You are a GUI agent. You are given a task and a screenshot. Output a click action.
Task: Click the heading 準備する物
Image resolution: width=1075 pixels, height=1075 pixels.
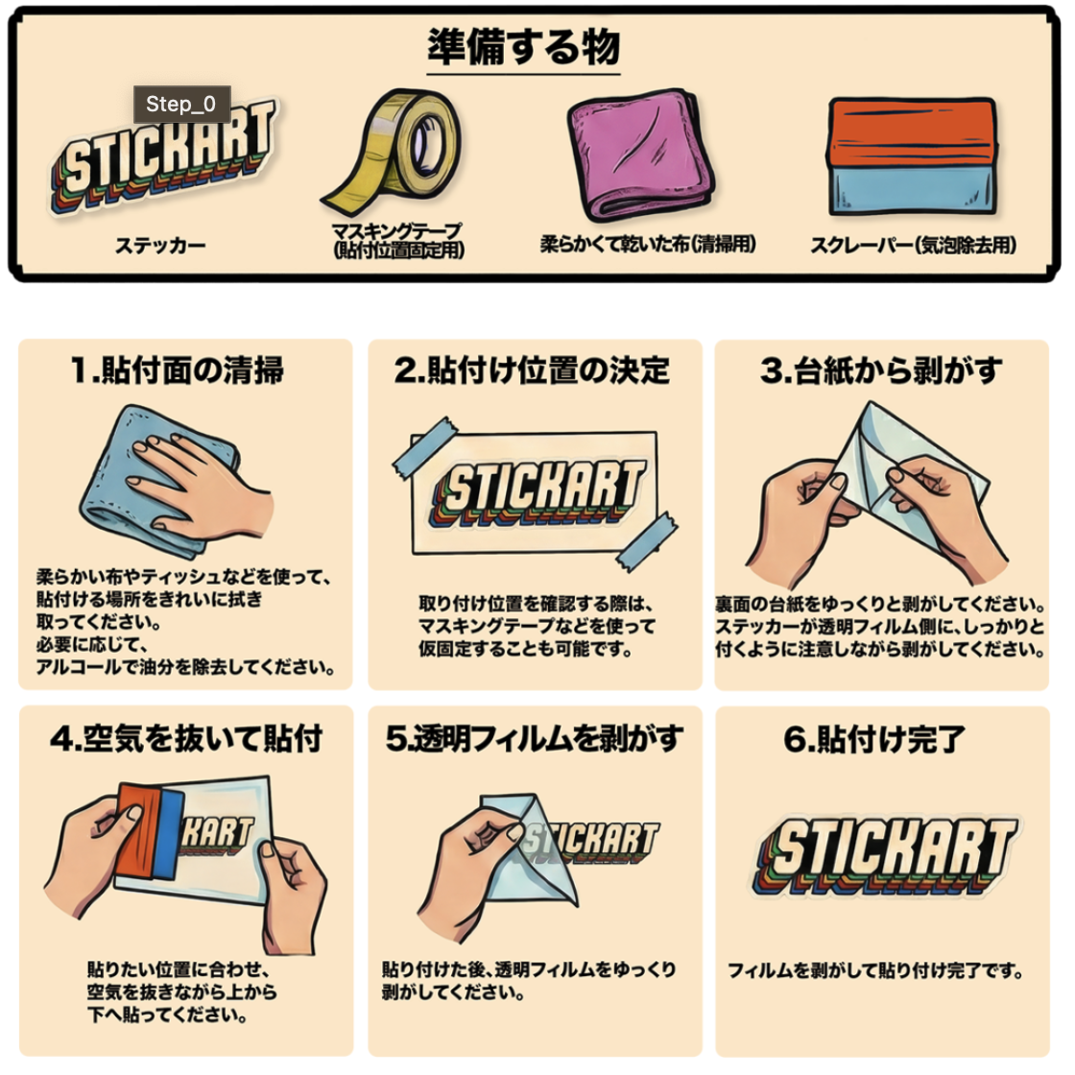point(524,47)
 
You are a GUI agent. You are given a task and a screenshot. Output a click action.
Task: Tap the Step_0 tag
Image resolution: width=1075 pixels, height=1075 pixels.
point(181,105)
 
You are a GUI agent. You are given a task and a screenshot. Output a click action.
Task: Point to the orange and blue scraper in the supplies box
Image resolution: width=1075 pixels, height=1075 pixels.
point(912,156)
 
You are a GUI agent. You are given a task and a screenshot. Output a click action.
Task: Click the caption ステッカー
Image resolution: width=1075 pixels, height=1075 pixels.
point(160,246)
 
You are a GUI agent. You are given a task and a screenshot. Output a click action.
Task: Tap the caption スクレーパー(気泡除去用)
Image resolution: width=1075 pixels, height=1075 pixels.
point(913,245)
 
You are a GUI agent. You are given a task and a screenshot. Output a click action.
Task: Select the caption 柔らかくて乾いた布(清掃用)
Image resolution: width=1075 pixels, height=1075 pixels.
point(648,244)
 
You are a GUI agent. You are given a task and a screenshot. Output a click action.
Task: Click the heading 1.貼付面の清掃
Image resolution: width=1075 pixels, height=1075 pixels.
point(178,370)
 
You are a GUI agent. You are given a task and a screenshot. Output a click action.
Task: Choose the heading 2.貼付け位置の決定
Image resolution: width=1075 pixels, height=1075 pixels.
point(532,370)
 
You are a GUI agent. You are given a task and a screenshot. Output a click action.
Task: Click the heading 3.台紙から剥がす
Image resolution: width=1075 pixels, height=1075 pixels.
point(881,370)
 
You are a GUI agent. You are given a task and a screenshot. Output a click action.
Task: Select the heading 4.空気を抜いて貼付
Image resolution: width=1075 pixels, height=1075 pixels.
point(186,738)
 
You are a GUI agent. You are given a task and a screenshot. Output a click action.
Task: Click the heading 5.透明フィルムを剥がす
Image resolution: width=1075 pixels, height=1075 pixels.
point(535,738)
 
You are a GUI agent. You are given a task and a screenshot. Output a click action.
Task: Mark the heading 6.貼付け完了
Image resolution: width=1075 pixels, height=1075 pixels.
point(874,738)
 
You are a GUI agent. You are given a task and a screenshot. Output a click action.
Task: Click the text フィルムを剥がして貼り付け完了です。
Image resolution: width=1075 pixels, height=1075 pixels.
point(876,970)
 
